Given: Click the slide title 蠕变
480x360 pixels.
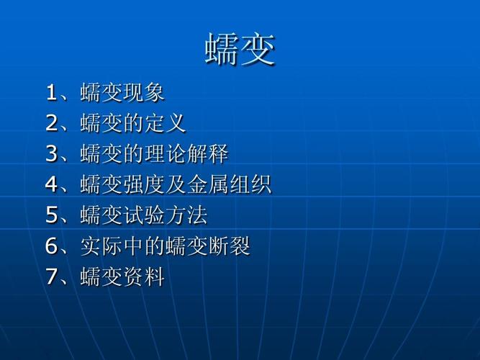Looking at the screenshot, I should (240, 49).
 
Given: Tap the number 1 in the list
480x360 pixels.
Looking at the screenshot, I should (51, 92).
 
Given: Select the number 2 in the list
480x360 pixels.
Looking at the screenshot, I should (51, 123).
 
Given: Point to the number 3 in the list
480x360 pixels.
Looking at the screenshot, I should (51, 153).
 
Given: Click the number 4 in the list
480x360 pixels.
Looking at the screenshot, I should (51, 184).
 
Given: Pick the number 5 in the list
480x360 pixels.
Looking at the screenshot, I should (51, 215).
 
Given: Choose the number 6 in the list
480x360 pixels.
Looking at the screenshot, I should (51, 246).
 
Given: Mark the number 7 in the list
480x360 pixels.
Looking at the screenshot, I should (51, 276).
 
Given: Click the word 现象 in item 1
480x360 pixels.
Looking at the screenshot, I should (143, 92).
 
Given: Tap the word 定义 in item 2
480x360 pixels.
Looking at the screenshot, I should (165, 123).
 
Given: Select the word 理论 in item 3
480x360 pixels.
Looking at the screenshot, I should (165, 153).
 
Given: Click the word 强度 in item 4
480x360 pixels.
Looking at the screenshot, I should (143, 184).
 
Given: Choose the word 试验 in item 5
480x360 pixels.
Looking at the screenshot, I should (143, 215).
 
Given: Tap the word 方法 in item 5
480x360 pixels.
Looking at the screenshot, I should (186, 215).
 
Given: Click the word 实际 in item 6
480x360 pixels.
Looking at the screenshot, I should (101, 246).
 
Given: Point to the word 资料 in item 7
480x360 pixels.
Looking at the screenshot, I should (143, 276).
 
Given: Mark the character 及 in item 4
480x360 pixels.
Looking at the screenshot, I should (176, 184).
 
